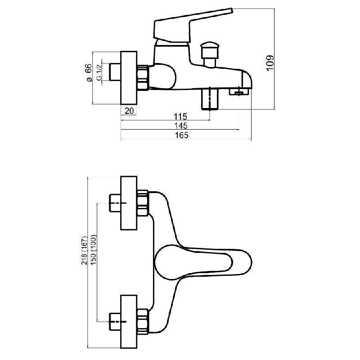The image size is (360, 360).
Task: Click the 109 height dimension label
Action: pyautogui.click(x=270, y=63)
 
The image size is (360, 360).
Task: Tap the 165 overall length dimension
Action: pyautogui.click(x=182, y=135)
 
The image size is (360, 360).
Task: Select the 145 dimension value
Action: pyautogui.click(x=181, y=126)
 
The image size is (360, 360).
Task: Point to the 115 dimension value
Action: pyautogui.click(x=180, y=117)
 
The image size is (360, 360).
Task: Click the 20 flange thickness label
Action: pyautogui.click(x=129, y=111)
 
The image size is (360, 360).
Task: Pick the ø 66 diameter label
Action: pyautogui.click(x=88, y=72)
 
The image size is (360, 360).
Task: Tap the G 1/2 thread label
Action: pyautogui.click(x=99, y=72)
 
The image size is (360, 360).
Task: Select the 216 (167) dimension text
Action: pyautogui.click(x=85, y=250)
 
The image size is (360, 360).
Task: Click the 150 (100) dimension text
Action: pyautogui.click(x=94, y=250)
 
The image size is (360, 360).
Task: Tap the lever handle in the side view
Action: pyautogui.click(x=193, y=26)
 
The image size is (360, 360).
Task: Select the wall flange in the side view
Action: pyautogui.click(x=129, y=77)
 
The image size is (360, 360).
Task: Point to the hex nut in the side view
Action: pyautogui.click(x=143, y=77)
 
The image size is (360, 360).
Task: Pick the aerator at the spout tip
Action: pyautogui.click(x=239, y=92)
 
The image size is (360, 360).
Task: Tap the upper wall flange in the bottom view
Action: pyautogui.click(x=129, y=203)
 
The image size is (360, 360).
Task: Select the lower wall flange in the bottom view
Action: pyautogui.click(x=129, y=322)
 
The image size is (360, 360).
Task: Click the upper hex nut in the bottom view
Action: pyautogui.click(x=143, y=203)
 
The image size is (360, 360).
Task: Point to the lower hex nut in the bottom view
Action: pyautogui.click(x=143, y=322)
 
